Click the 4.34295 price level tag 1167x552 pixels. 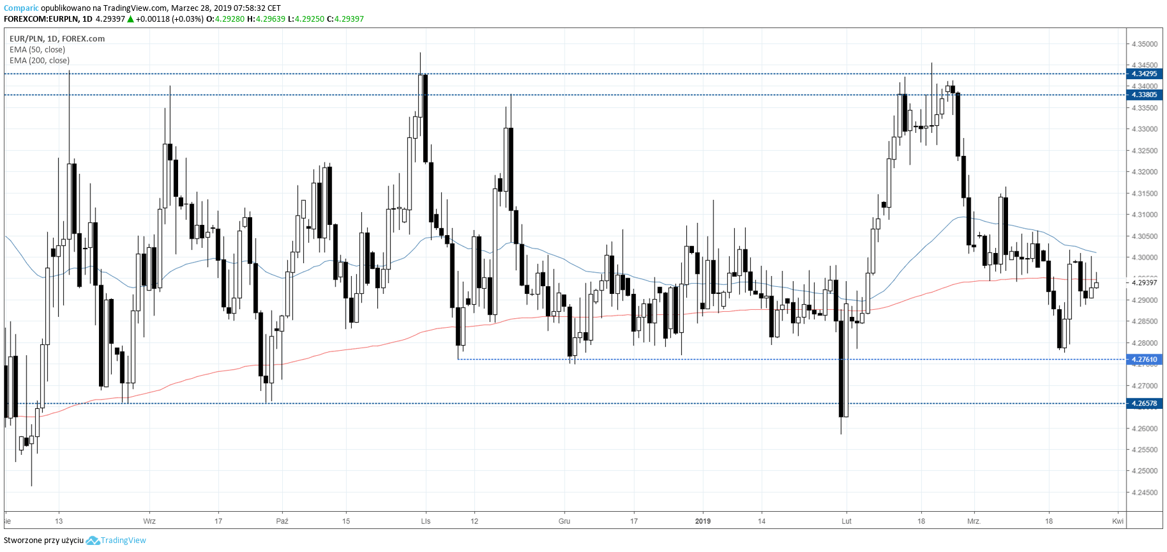point(1144,74)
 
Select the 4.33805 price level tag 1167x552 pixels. point(1144,95)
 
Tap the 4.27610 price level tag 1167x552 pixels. point(1144,360)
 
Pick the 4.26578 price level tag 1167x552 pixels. point(1144,404)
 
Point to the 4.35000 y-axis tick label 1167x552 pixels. point(1144,44)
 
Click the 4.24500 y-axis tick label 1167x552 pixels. point(1144,493)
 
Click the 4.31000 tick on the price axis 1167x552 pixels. point(1144,215)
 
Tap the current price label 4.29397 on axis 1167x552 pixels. point(1144,282)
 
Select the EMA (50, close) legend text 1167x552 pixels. point(37,50)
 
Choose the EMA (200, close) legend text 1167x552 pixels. point(40,61)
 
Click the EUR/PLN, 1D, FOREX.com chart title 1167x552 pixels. point(57,39)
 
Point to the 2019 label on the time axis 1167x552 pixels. point(702,521)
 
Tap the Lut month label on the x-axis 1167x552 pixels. point(847,521)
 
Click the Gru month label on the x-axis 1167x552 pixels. point(564,521)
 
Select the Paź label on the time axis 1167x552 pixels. point(282,521)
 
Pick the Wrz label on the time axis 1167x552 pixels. point(149,521)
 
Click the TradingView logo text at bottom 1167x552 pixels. point(123,540)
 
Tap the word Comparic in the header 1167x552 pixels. point(21,8)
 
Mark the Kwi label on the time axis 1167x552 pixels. point(1118,521)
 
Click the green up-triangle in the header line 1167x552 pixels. point(130,19)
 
